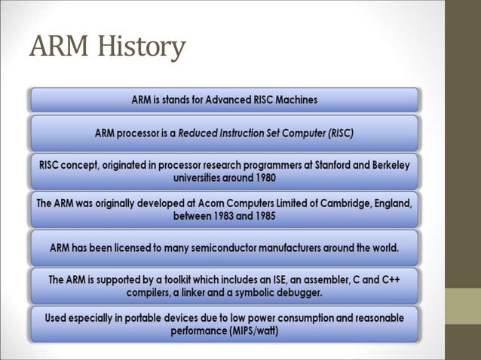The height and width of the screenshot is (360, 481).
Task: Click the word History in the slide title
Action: coord(140,47)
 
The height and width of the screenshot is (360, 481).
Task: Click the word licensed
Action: coord(136,247)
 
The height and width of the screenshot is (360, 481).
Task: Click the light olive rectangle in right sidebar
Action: coord(463,307)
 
